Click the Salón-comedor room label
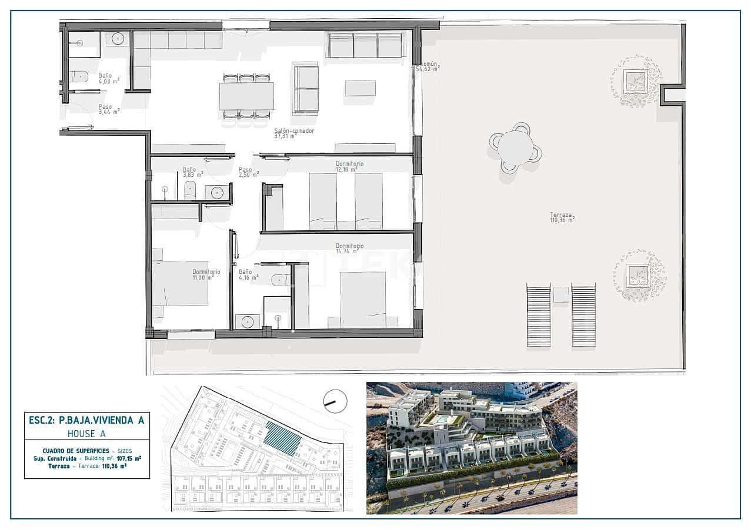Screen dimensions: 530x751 pyautogui.click(x=294, y=133)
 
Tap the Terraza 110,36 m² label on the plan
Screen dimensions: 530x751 pyautogui.click(x=562, y=217)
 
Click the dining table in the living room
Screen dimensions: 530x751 pyautogui.click(x=246, y=96)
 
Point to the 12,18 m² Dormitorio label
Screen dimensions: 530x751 pyautogui.click(x=349, y=167)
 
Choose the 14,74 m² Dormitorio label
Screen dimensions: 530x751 pyautogui.click(x=349, y=249)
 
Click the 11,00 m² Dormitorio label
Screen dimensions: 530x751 pyautogui.click(x=206, y=275)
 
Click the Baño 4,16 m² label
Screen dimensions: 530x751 pyautogui.click(x=248, y=275)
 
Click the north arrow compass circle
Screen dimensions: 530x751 pyautogui.click(x=335, y=401)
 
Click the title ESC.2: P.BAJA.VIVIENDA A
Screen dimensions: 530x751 pyautogui.click(x=86, y=420)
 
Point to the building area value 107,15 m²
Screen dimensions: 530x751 pyautogui.click(x=129, y=458)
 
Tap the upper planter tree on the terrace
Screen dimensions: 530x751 pyautogui.click(x=636, y=81)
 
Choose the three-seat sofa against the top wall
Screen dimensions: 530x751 pyautogui.click(x=365, y=45)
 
